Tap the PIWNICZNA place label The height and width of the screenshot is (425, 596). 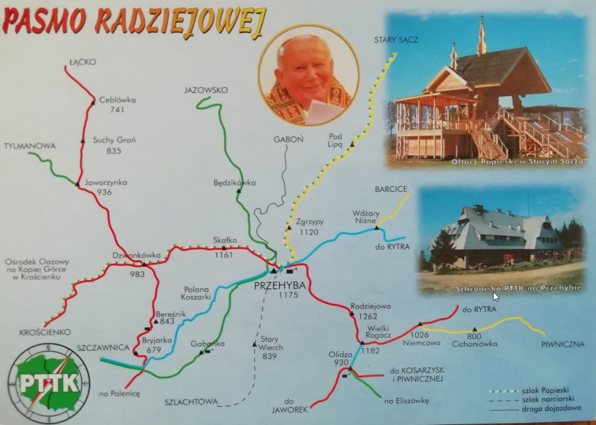tap(562, 344)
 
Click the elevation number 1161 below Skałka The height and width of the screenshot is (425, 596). tap(224, 254)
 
